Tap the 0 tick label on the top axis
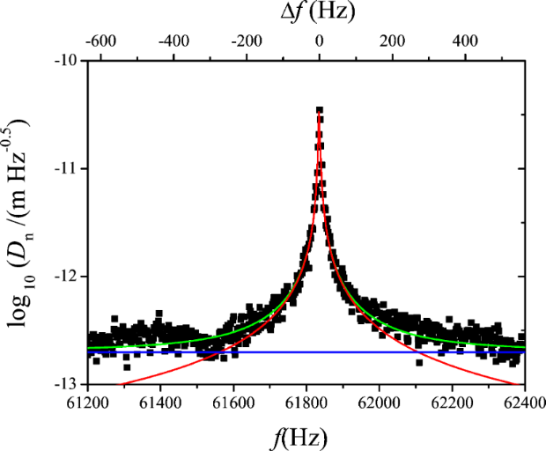coord(320,41)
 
